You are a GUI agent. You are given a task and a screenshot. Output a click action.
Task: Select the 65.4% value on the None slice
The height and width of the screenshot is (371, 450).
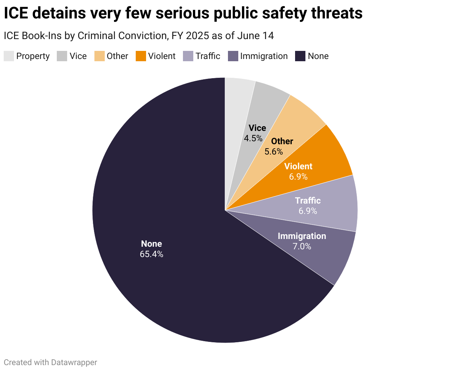(x=151, y=254)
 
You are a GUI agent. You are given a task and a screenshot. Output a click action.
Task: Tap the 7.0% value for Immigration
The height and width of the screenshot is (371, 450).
(x=302, y=246)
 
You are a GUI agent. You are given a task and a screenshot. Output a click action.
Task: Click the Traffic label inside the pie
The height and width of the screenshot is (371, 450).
(x=308, y=201)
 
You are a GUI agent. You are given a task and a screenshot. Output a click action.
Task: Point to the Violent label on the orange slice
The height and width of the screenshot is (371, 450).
(x=298, y=166)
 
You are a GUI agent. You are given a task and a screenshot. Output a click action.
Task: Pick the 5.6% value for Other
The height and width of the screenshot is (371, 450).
(x=274, y=152)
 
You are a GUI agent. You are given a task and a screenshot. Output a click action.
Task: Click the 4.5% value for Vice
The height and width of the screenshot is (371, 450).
(x=253, y=138)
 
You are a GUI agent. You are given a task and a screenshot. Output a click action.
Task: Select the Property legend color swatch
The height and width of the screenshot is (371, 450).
(x=9, y=56)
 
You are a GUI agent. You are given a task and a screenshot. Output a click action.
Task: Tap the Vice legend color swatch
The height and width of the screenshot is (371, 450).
(x=62, y=56)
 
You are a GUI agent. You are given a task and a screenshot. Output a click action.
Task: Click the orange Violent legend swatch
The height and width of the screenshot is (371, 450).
(x=141, y=56)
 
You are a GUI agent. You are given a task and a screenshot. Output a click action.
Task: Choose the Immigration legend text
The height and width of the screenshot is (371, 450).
(x=264, y=56)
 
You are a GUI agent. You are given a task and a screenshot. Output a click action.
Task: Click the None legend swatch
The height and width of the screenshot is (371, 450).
(x=301, y=56)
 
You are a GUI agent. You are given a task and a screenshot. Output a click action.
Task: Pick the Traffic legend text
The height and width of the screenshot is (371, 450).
(x=208, y=56)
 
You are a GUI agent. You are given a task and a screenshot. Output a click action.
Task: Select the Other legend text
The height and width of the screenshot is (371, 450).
(x=117, y=56)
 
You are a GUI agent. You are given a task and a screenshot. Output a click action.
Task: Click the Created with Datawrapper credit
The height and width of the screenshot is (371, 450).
(x=51, y=363)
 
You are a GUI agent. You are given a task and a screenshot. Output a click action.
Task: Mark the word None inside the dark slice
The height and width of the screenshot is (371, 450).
(x=151, y=244)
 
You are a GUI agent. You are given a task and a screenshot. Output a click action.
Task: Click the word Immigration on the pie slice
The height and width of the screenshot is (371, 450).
(x=302, y=236)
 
